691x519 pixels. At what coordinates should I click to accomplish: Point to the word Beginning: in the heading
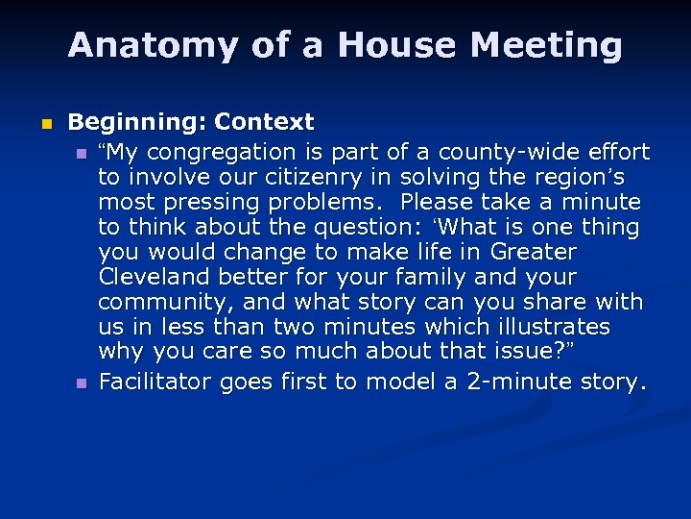coord(137,122)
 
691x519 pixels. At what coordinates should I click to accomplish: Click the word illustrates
coord(550,327)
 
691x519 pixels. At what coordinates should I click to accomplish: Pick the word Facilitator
coord(155,382)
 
